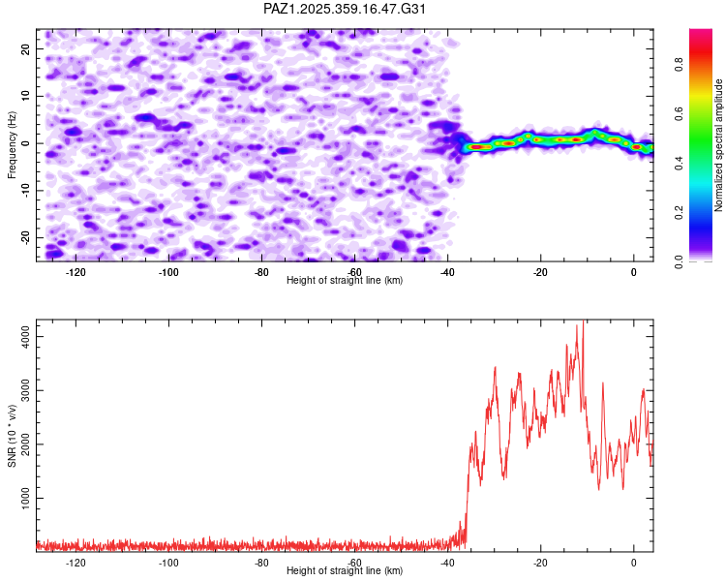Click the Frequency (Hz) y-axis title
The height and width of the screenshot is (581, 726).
click(x=12, y=144)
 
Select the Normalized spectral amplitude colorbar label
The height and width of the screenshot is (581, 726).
click(x=719, y=145)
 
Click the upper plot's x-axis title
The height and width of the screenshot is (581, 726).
click(x=345, y=280)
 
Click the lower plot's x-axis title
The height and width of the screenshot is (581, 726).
click(x=345, y=570)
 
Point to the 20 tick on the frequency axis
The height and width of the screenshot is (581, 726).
click(x=26, y=48)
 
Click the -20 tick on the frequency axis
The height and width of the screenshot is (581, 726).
click(x=24, y=237)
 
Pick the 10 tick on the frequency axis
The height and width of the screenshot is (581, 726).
click(x=26, y=96)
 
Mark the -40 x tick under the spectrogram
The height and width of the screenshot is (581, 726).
click(x=447, y=271)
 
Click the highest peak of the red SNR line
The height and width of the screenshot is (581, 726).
click(x=582, y=322)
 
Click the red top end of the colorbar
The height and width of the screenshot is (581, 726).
click(x=701, y=33)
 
